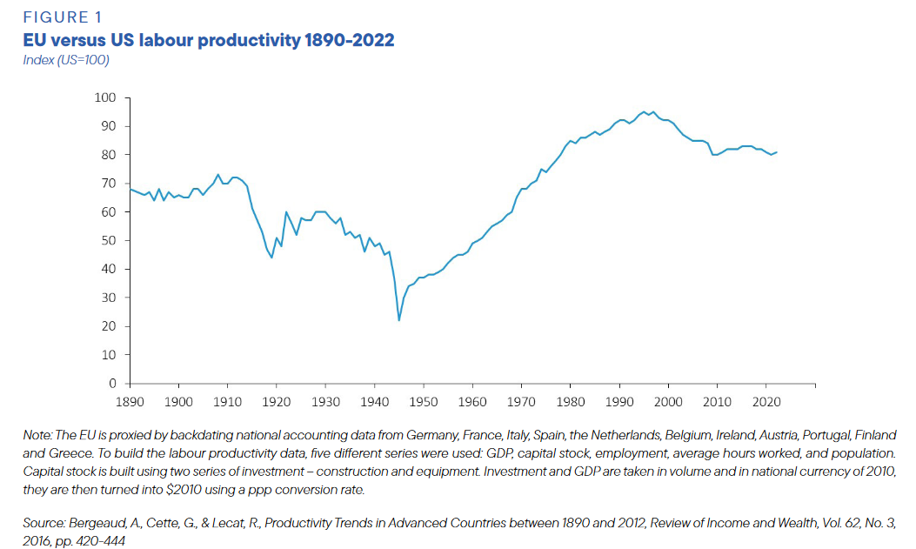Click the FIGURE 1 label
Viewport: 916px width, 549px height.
(x=56, y=17)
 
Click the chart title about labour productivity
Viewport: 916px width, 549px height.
(x=209, y=40)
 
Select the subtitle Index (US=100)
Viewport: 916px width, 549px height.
(x=65, y=59)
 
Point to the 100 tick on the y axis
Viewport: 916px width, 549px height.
(x=106, y=97)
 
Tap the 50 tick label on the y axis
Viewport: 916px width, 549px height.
(x=110, y=240)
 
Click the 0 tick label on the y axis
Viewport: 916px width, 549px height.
(x=113, y=384)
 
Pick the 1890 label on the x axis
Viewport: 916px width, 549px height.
(x=130, y=402)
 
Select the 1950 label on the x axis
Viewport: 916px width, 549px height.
(x=424, y=402)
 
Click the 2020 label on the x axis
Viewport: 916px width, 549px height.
(x=766, y=402)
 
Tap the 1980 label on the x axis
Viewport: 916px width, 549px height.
(x=571, y=402)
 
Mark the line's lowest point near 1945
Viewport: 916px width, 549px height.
(x=399, y=320)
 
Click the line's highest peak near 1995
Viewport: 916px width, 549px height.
(x=644, y=111)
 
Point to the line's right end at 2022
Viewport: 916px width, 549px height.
(x=777, y=152)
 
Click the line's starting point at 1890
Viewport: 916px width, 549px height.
(x=130, y=189)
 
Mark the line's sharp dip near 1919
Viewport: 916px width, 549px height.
(x=271, y=258)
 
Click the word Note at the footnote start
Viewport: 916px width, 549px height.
(x=37, y=434)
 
